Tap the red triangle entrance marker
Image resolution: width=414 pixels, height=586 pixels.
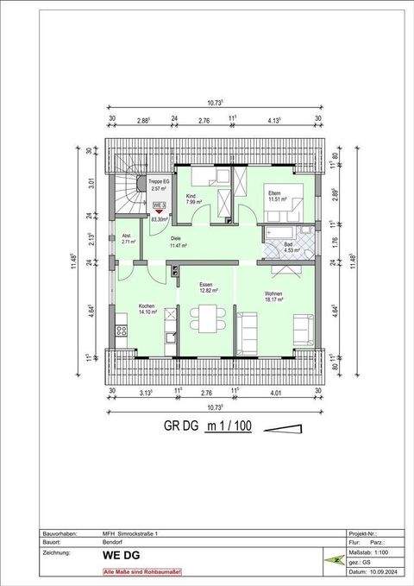pyautogui.click(x=159, y=211)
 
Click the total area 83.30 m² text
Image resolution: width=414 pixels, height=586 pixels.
pyautogui.click(x=159, y=219)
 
